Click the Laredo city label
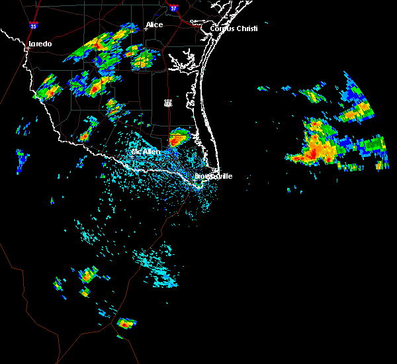[39, 44]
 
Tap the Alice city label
[154, 25]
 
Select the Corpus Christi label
[234, 28]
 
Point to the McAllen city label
[146, 152]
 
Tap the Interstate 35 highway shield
[33, 26]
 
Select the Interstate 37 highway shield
[174, 9]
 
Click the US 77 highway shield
[169, 103]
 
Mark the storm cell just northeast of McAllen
[178, 138]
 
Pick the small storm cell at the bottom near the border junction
[125, 324]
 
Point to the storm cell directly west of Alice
[106, 43]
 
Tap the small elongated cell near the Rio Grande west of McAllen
[85, 136]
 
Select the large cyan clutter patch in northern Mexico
[155, 265]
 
